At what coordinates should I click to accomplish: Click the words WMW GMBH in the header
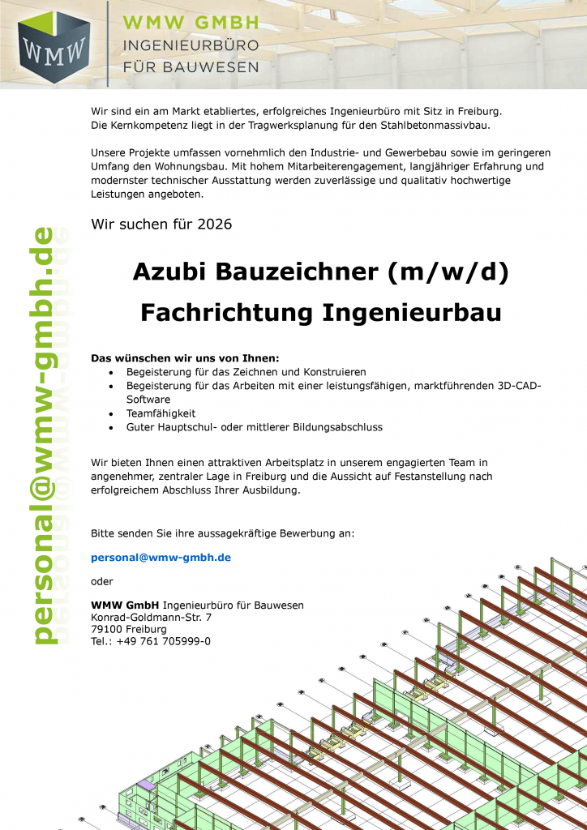point(191,23)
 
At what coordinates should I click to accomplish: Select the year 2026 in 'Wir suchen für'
point(215,224)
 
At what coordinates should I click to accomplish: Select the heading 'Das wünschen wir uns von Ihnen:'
point(185,357)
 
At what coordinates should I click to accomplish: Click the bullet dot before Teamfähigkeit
point(110,413)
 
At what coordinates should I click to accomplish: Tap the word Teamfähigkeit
point(161,413)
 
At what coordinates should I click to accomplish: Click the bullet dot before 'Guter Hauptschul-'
point(110,426)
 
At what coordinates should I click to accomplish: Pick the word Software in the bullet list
point(148,400)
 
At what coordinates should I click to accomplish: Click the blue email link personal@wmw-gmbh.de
point(161,558)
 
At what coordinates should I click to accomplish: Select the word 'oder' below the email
point(102,581)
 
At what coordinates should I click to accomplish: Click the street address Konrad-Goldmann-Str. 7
point(152,617)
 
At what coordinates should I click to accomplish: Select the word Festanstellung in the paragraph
point(418,477)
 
